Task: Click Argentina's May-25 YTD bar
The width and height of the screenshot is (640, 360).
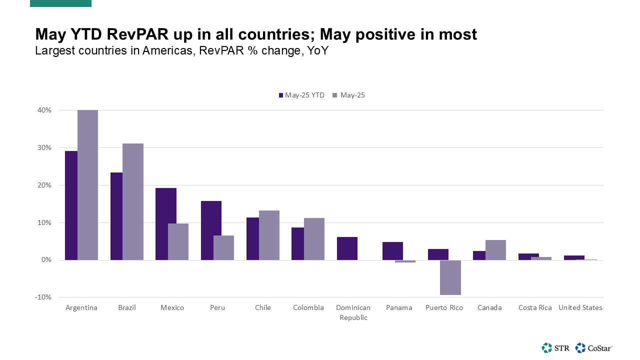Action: [x=71, y=205]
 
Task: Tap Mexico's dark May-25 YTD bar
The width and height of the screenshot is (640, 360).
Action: [x=166, y=223]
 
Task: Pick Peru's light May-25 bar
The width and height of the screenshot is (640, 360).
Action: [x=223, y=247]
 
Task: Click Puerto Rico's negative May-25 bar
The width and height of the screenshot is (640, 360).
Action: [x=450, y=277]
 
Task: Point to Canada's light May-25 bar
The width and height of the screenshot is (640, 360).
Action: [x=495, y=249]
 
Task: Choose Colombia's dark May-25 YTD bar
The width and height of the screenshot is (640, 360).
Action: [x=297, y=243]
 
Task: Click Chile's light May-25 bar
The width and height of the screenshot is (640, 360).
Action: [x=269, y=235]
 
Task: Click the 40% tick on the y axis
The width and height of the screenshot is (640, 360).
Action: [x=43, y=110]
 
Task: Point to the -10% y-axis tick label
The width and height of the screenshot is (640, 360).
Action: [x=42, y=297]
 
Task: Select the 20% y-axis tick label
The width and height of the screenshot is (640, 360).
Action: [x=43, y=185]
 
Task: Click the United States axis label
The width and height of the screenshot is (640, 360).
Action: [x=580, y=307]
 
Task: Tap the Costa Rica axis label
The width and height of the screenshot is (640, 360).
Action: [x=535, y=307]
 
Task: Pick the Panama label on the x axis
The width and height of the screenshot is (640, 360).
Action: [x=399, y=307]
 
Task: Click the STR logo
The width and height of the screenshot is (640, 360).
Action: [x=555, y=347]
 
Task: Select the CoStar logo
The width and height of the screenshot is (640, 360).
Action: [x=594, y=347]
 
